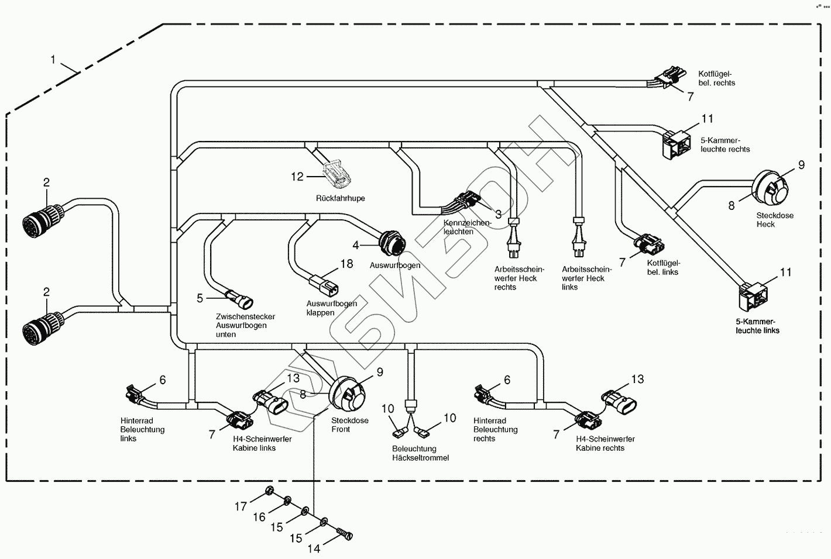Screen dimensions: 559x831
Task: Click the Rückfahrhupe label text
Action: point(340,198)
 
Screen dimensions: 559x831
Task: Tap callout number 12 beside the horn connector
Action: point(298,176)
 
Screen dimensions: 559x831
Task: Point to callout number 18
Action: point(346,264)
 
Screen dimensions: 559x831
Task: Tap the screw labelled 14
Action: point(345,533)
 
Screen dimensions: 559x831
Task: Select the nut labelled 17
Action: point(269,491)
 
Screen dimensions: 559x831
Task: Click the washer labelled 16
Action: point(288,501)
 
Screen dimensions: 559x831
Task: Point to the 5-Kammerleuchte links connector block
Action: point(753,296)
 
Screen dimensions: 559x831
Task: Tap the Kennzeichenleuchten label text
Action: point(467,227)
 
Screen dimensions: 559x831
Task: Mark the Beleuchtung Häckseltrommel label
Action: point(420,453)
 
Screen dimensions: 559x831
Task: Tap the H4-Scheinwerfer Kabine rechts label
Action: point(605,443)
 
